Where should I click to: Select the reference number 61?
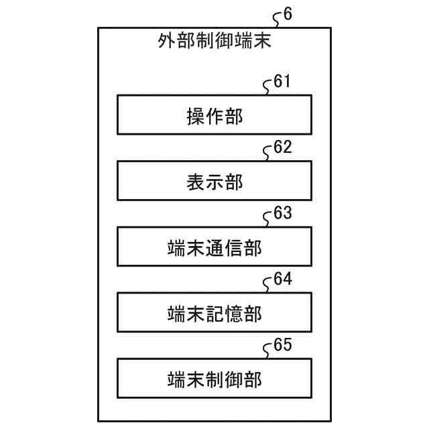282,82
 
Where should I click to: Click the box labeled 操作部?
214,115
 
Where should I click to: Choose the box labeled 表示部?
214,181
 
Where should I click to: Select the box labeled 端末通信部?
214,247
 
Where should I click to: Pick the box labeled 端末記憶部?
214,312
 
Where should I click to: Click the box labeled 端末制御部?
214,379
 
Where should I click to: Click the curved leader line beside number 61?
268,88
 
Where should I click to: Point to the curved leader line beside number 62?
268,154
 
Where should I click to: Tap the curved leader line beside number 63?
268,219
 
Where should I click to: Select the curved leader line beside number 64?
268,285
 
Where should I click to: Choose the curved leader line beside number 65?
268,351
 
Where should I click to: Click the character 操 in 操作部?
195,117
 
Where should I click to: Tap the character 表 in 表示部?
195,182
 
